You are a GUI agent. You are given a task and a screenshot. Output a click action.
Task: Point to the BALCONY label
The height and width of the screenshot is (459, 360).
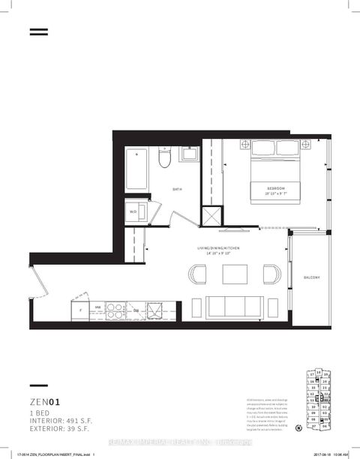click(312, 277)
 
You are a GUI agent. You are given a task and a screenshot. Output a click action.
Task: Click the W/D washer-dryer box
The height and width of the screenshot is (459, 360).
click(134, 211)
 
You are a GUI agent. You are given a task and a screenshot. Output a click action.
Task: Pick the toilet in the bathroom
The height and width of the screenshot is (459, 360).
click(166, 160)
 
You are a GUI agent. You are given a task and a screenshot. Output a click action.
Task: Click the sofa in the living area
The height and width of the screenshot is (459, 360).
click(234, 307)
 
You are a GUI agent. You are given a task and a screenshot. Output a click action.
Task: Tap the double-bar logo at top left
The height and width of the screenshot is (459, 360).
click(38, 32)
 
